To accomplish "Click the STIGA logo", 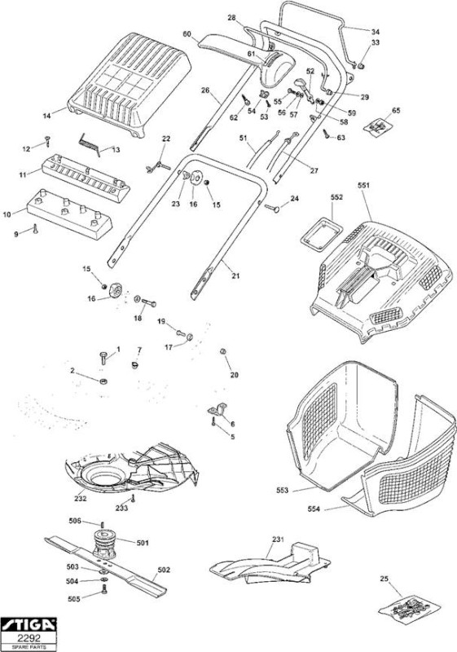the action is pyautogui.click(x=29, y=624).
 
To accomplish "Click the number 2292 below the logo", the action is pyautogui.click(x=29, y=637).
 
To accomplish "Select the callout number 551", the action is pyautogui.click(x=363, y=186).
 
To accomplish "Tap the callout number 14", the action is pyautogui.click(x=47, y=116).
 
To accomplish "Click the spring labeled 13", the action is pyautogui.click(x=90, y=143).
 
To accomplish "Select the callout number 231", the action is pyautogui.click(x=278, y=540).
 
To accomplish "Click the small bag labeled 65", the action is pyautogui.click(x=378, y=126).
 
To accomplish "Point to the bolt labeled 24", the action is pyautogui.click(x=272, y=208).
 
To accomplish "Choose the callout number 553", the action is pyautogui.click(x=282, y=491).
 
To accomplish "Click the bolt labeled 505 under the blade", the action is pyautogui.click(x=103, y=588).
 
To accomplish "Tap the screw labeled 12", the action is pyautogui.click(x=47, y=141).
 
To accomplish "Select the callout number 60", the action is pyautogui.click(x=187, y=34).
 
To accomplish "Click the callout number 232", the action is pyautogui.click(x=81, y=498).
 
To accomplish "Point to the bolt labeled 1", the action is pyautogui.click(x=103, y=358).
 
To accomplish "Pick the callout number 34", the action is pyautogui.click(x=376, y=32).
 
